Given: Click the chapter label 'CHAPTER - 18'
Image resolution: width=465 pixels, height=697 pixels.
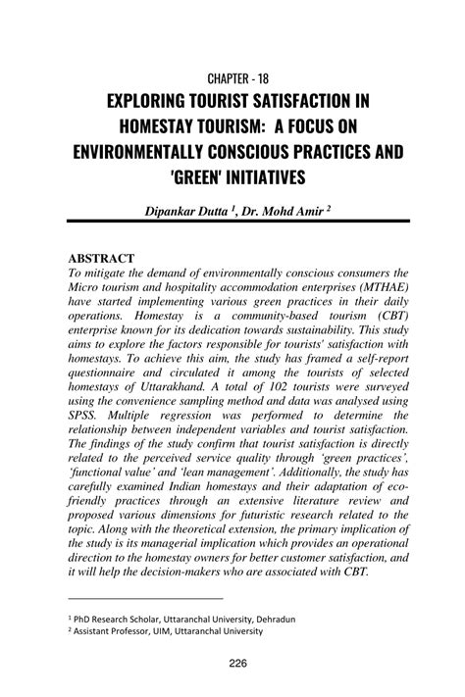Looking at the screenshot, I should pos(232,76).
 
